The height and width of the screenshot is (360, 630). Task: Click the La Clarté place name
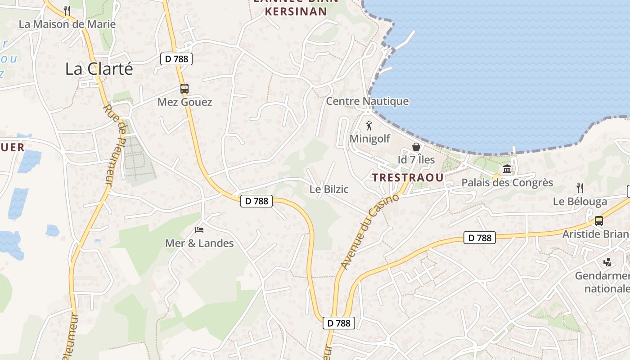[99, 69]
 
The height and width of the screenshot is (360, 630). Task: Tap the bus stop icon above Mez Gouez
[184, 89]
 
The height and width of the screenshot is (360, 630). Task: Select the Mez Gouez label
[184, 102]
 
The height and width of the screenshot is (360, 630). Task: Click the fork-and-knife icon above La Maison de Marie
[67, 10]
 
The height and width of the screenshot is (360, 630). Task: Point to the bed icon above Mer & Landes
[199, 230]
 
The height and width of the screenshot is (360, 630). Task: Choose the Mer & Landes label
[199, 243]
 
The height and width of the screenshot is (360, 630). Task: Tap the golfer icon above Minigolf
[369, 126]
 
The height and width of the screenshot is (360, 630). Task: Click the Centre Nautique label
[367, 101]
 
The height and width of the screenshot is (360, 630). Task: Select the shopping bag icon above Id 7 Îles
[416, 147]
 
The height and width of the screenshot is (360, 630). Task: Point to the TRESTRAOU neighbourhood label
[408, 177]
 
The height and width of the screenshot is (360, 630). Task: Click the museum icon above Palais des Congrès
[507, 169]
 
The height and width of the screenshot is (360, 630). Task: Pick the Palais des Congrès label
[507, 183]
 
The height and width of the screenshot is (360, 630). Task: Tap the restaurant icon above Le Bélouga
[580, 188]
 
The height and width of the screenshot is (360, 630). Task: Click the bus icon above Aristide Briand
[598, 221]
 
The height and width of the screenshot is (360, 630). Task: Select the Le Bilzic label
[329, 189]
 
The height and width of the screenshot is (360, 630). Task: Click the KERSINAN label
[296, 12]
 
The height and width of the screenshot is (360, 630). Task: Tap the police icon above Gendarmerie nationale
[607, 262]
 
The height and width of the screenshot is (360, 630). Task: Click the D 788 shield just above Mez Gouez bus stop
[176, 58]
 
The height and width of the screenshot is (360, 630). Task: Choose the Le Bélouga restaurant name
[580, 202]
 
